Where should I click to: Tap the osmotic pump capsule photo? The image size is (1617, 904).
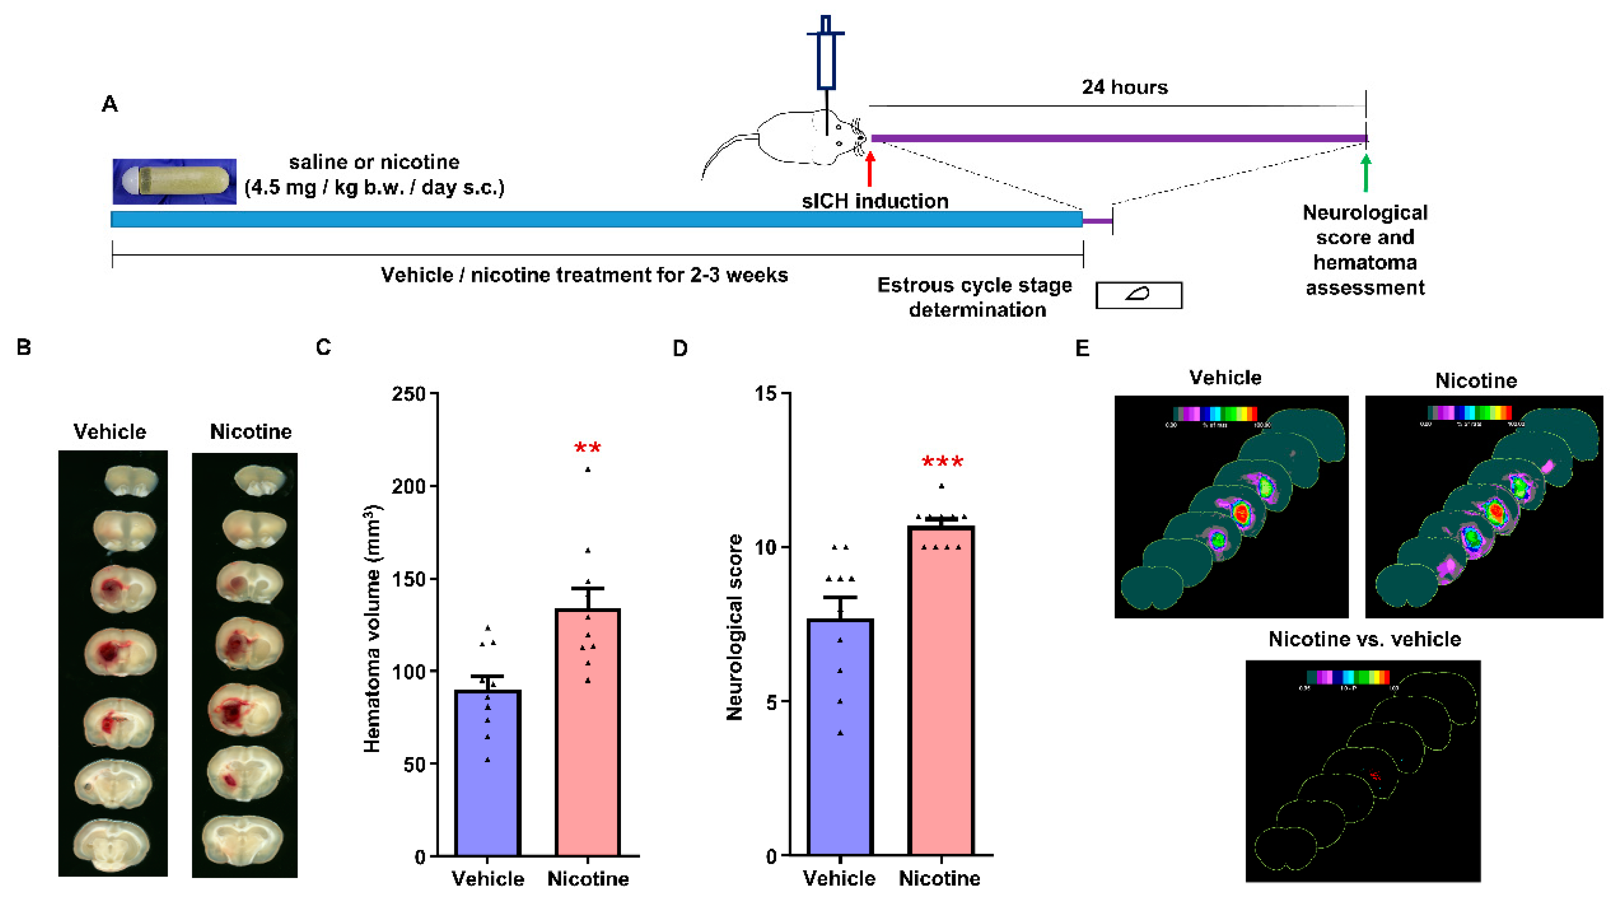pyautogui.click(x=174, y=181)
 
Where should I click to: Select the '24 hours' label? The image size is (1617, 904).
pyautogui.click(x=1124, y=87)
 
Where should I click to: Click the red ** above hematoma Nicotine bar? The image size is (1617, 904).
pyautogui.click(x=587, y=448)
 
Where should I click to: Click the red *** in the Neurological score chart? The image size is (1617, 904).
pyautogui.click(x=941, y=462)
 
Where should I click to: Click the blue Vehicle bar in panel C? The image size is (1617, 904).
pyautogui.click(x=488, y=772)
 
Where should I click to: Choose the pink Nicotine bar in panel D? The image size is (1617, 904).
pyautogui.click(x=941, y=690)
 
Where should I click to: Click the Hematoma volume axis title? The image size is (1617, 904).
pyautogui.click(x=372, y=628)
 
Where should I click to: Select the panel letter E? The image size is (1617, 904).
pyautogui.click(x=1082, y=348)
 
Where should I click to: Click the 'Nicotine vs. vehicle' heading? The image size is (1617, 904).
pyautogui.click(x=1364, y=639)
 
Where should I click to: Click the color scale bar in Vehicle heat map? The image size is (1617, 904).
pyautogui.click(x=1215, y=413)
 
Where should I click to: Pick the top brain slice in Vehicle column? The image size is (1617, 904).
pyautogui.click(x=131, y=480)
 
